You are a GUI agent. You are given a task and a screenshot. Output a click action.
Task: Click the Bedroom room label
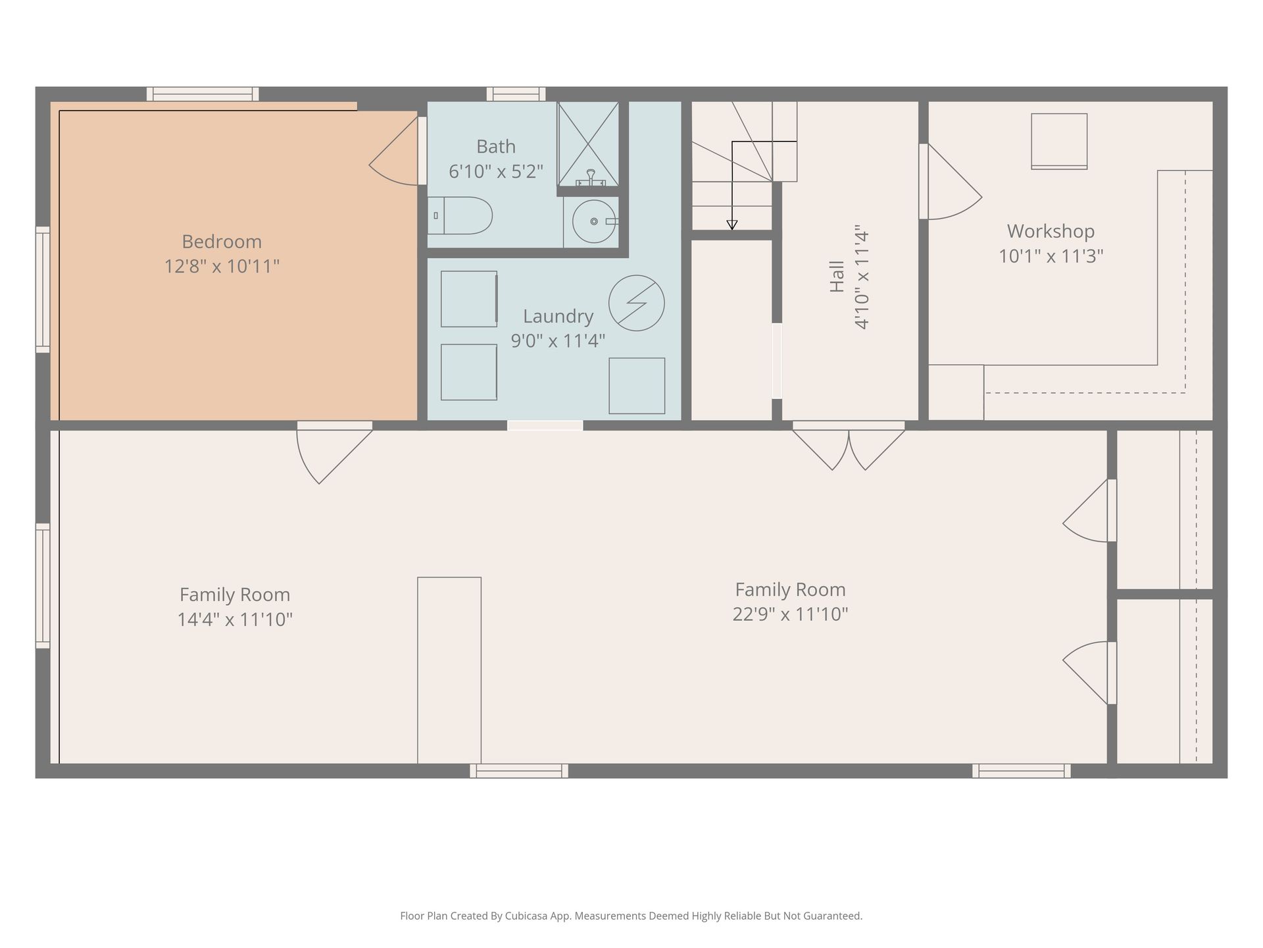pyautogui.click(x=222, y=242)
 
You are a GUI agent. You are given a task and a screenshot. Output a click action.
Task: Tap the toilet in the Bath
pyautogui.click(x=460, y=215)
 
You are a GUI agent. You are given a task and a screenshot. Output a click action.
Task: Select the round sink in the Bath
pyautogui.click(x=594, y=221)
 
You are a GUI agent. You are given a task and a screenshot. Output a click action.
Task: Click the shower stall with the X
pyautogui.click(x=588, y=144)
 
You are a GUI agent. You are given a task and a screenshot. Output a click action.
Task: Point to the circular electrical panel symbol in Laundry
pyautogui.click(x=636, y=303)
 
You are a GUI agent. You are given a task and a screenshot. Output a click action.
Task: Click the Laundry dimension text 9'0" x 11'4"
pyautogui.click(x=558, y=341)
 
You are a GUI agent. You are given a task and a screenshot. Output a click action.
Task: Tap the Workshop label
pyautogui.click(x=1051, y=231)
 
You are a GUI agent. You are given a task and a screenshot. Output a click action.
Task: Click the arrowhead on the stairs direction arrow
pyautogui.click(x=731, y=225)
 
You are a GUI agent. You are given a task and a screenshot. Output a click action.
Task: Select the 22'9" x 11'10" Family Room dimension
pyautogui.click(x=790, y=614)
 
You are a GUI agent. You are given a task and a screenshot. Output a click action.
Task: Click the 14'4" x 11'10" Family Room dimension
pyautogui.click(x=235, y=619)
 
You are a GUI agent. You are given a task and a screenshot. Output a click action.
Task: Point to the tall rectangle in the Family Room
pyautogui.click(x=449, y=670)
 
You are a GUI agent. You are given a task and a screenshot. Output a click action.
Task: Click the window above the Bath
pyautogui.click(x=516, y=94)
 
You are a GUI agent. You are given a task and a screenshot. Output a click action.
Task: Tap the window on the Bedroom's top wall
pyautogui.click(x=203, y=94)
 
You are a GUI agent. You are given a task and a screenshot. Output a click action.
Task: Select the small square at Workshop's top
pyautogui.click(x=1059, y=141)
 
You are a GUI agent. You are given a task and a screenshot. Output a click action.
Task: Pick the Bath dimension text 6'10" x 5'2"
pyautogui.click(x=496, y=171)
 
